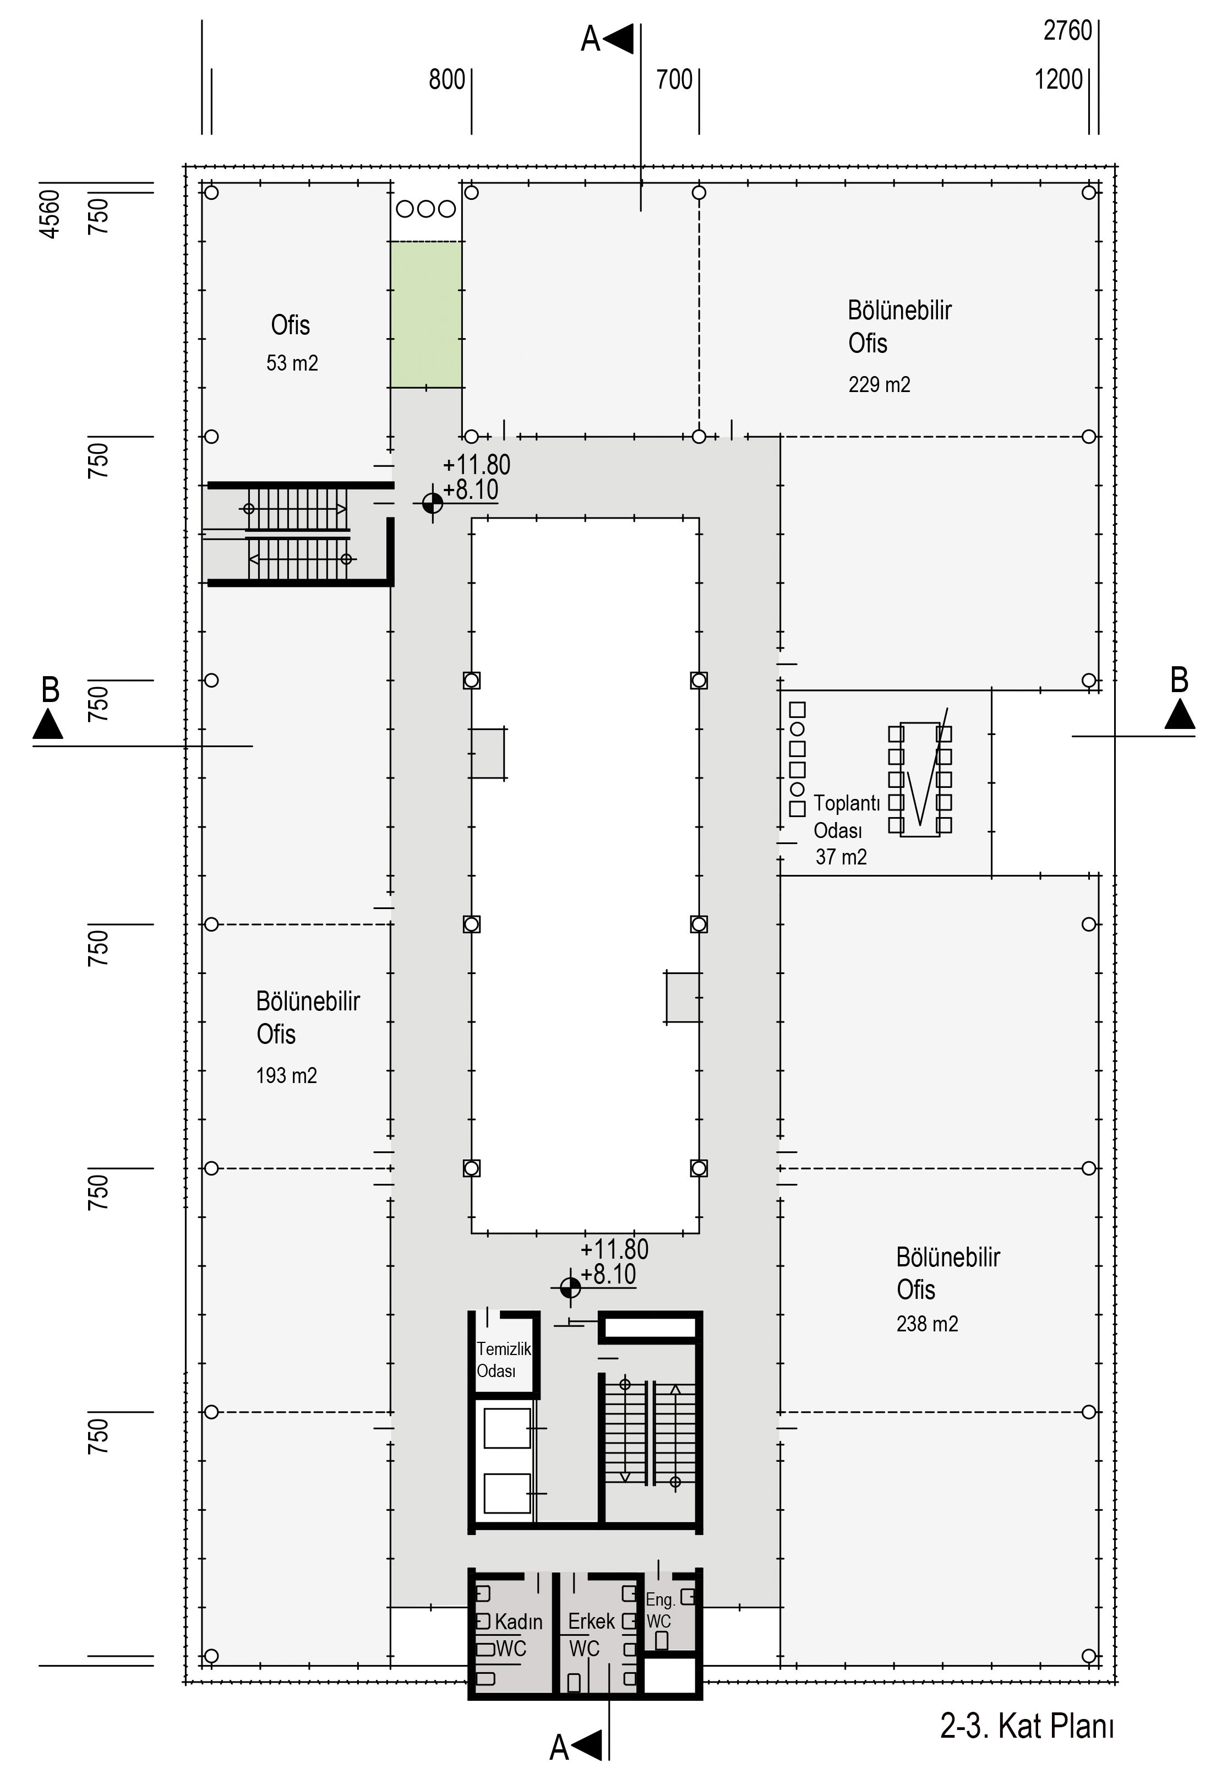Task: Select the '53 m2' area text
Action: pyautogui.click(x=292, y=363)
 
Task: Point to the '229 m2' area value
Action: pyautogui.click(x=879, y=384)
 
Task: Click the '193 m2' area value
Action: pyautogui.click(x=286, y=1076)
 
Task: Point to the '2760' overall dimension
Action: pyautogui.click(x=1067, y=31)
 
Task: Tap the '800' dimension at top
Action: pyautogui.click(x=447, y=80)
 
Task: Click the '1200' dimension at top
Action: pyautogui.click(x=1059, y=80)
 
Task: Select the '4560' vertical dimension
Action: pyautogui.click(x=49, y=214)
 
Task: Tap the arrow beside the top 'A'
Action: pyautogui.click(x=619, y=39)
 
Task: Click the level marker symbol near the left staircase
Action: pyautogui.click(x=433, y=503)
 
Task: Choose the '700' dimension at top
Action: pyautogui.click(x=674, y=80)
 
